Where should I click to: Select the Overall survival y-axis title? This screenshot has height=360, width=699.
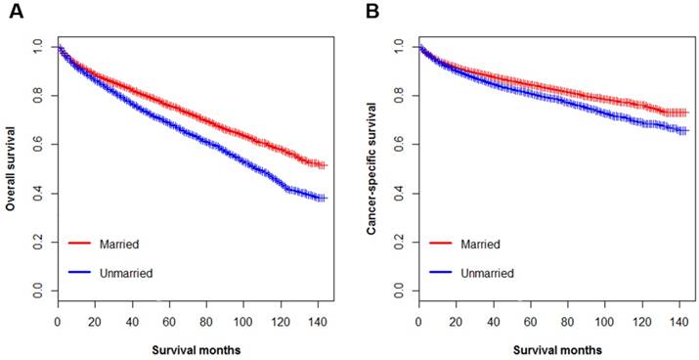pyautogui.click(x=12, y=167)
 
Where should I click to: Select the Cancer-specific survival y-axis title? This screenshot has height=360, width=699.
pyautogui.click(x=371, y=167)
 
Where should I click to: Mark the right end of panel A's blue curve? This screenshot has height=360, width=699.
pyautogui.click(x=323, y=198)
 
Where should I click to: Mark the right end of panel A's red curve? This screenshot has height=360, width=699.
pyautogui.click(x=323, y=165)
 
